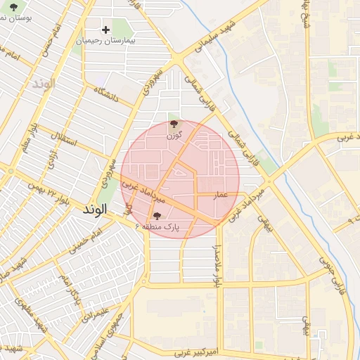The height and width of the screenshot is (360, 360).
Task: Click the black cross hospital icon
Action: point(105,30)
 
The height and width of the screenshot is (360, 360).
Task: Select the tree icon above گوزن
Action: point(172,124)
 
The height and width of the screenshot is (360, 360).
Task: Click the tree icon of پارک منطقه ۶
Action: point(156,216)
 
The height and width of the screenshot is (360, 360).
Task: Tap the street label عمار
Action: point(221,195)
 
